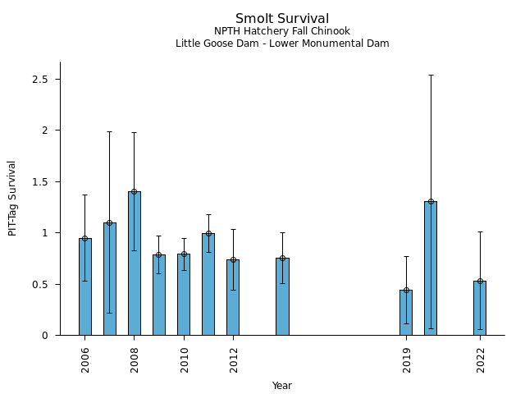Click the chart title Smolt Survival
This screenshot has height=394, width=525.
pos(282,19)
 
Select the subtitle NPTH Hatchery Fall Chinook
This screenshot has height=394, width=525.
pos(282,31)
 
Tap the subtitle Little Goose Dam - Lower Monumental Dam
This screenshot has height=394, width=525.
pos(282,44)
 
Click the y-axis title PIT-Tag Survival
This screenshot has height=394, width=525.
pos(12,198)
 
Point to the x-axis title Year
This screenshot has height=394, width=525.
pos(282,386)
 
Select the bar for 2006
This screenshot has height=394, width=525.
pos(85,286)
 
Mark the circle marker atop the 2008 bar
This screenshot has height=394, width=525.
pos(135,191)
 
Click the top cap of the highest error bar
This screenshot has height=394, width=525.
pos(431,75)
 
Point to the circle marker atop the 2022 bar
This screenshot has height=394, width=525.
pos(480,281)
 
